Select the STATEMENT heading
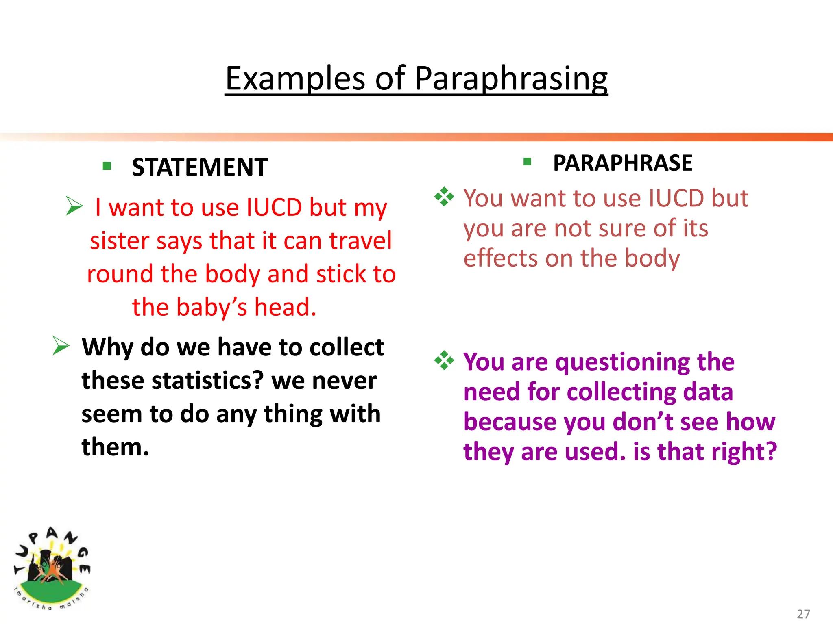point(199,167)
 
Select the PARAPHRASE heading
point(622,163)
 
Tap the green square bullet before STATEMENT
point(107,166)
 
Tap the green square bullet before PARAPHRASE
point(528,162)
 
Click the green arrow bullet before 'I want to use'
point(74,206)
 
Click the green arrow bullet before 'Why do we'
point(61,346)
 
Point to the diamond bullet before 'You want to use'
point(444,197)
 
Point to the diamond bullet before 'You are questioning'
point(444,360)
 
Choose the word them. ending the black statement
point(115,447)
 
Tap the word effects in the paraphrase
point(501,258)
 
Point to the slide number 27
point(803,613)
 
